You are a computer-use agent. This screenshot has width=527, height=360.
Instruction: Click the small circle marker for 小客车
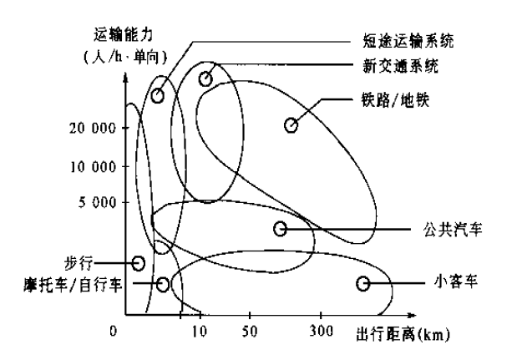363,285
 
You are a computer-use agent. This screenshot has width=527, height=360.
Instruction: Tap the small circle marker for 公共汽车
281,228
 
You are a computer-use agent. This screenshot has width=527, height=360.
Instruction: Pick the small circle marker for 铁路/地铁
291,125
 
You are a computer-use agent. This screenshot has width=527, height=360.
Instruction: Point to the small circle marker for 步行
139,262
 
